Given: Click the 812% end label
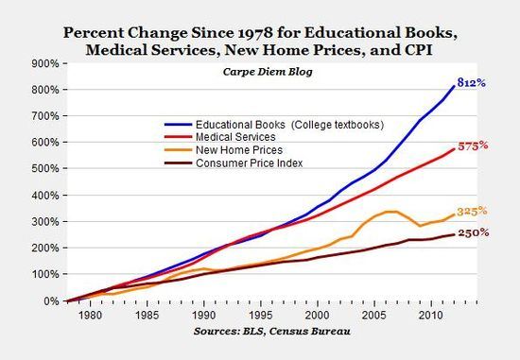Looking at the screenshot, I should coord(473,83).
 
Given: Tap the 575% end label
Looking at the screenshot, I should coord(474,146).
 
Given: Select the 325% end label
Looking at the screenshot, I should coord(473,212).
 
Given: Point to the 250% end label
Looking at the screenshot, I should coord(473,232).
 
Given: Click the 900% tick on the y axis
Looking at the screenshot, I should coord(44,64).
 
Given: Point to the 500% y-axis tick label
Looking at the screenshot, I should coord(44,169).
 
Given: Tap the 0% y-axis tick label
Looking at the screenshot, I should coord(50,300).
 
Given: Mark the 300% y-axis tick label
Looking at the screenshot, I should coord(44,222).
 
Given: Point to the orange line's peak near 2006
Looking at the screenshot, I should coord(390,212).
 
